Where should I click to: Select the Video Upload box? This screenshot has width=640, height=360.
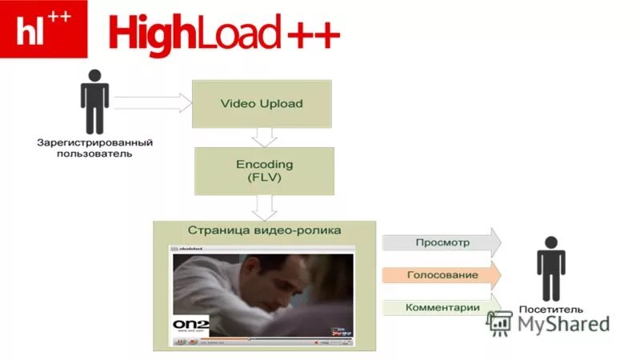[x=262, y=104]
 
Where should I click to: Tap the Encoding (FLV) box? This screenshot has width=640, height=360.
[x=265, y=171]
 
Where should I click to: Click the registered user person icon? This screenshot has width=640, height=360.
[x=94, y=102]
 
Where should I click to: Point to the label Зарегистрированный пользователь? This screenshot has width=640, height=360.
[x=94, y=148]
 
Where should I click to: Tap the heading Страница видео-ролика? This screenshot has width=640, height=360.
[x=265, y=230]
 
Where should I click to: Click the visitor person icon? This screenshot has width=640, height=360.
[x=550, y=268]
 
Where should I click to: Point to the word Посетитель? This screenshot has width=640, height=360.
[x=551, y=310]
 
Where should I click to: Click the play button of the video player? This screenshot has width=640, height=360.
[x=180, y=342]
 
